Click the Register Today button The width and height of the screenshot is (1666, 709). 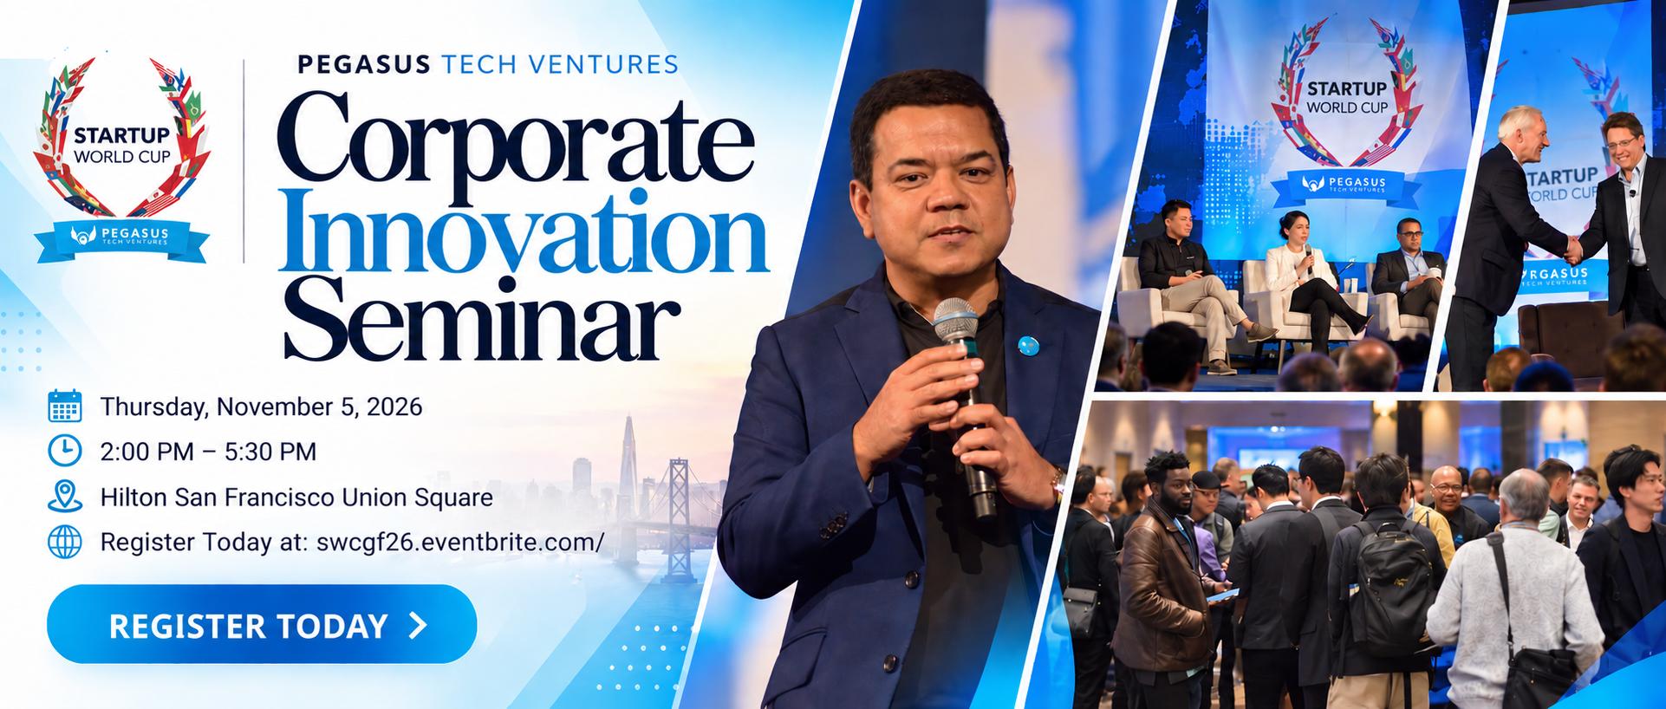click(x=262, y=624)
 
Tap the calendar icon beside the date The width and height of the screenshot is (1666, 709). click(x=65, y=407)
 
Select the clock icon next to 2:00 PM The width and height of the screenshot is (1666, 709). click(x=65, y=452)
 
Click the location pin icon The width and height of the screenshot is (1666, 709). click(x=65, y=497)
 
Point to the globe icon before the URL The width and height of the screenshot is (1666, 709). click(x=65, y=543)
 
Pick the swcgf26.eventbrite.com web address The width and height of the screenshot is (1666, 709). click(x=460, y=543)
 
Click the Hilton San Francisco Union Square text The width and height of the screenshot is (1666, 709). click(x=296, y=498)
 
